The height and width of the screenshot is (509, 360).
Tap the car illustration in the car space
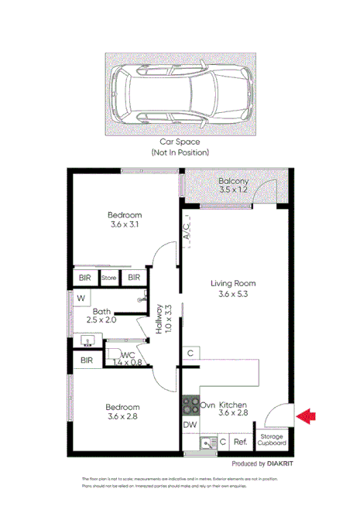click(x=180, y=94)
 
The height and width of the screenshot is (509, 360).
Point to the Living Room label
click(x=233, y=289)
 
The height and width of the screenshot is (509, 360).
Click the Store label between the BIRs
click(x=109, y=278)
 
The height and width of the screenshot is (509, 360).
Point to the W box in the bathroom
click(x=80, y=297)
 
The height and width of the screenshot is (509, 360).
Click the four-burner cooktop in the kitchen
click(x=190, y=405)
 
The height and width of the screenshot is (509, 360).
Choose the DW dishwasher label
click(x=190, y=425)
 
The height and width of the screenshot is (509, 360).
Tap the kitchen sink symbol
click(x=206, y=442)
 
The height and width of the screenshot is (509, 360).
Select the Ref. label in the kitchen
click(x=241, y=442)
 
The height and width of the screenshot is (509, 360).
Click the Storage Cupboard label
click(x=272, y=440)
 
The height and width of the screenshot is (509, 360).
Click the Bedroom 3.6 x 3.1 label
click(x=124, y=220)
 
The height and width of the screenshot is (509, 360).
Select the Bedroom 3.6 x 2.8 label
click(x=123, y=412)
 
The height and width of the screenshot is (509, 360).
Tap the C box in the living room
click(x=190, y=354)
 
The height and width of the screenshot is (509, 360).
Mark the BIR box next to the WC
click(x=87, y=360)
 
